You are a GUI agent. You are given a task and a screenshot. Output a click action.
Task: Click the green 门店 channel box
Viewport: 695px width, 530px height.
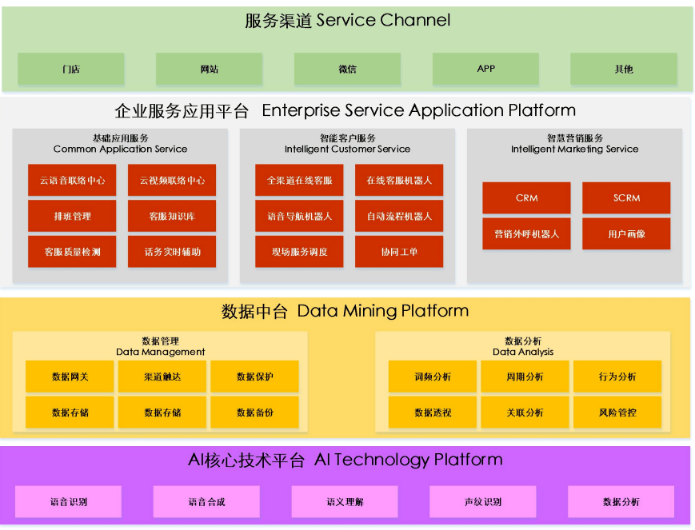71,70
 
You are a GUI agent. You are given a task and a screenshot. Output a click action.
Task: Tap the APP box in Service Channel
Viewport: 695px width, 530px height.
485,70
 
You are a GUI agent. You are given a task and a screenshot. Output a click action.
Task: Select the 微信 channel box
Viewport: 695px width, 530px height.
347,70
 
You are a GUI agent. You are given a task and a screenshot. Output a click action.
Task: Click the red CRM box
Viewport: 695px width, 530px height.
526,198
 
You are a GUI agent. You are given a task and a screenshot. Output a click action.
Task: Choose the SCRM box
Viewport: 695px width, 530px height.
626,198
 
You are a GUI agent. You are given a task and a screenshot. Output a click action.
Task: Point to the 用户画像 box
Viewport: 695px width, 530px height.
626,234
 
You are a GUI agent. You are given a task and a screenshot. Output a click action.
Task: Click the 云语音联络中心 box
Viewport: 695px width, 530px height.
72,181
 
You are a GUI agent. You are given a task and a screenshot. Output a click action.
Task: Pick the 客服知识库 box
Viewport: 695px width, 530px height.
172,217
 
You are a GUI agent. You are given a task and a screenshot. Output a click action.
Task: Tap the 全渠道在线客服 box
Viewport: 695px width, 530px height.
299,181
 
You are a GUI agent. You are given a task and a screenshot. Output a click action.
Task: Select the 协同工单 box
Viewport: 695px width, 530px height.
399,252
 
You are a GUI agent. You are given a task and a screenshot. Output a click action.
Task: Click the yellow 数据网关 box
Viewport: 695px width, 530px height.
70,377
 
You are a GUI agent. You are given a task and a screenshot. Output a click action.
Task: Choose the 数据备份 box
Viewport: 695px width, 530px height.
254,412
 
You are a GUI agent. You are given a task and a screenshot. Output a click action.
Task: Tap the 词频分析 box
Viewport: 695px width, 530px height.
433,377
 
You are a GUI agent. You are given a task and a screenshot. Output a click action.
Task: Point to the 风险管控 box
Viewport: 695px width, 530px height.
617,412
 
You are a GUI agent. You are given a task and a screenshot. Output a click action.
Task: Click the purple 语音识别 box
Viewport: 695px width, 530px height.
69,502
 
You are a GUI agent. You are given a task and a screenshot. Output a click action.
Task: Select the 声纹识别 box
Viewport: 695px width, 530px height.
483,502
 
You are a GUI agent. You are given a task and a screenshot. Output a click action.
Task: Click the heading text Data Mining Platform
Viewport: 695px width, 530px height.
382,312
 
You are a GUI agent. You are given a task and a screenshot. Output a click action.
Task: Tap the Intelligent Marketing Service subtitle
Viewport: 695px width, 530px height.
575,149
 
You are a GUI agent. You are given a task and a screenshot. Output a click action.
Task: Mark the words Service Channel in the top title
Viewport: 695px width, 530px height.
383,21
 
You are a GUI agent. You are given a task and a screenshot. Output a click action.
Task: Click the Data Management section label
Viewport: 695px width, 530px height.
161,352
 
